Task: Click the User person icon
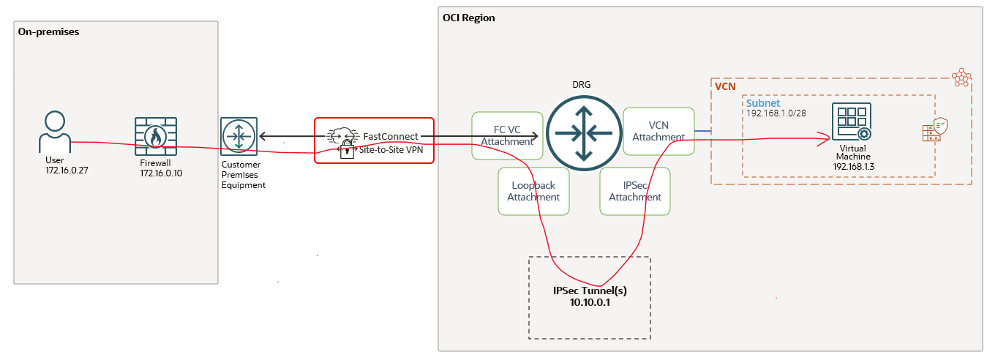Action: coord(55,131)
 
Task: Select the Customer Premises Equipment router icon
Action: coord(239,137)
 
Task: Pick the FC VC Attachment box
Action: coord(507,135)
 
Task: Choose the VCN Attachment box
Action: coord(658,131)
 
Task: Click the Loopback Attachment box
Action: coord(533,191)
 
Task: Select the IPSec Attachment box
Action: coord(635,191)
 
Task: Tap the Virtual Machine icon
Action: coord(851,123)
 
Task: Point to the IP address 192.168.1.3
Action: coord(854,167)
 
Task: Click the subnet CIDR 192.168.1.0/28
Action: coord(776,114)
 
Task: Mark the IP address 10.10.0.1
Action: coord(590,302)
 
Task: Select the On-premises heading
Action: coord(48,32)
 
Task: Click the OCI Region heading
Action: coord(469,18)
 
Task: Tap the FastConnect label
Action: coord(391,136)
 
